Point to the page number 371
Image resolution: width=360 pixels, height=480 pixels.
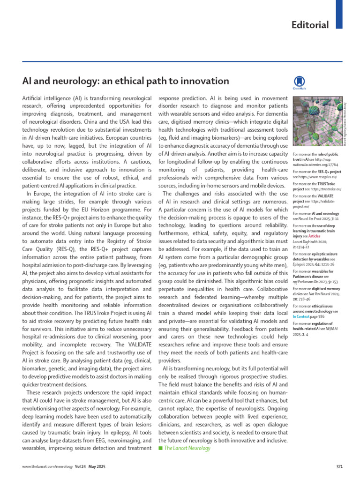point(341,466)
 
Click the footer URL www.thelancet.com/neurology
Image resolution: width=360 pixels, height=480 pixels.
point(44,466)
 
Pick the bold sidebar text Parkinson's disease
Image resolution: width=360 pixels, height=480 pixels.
point(309,276)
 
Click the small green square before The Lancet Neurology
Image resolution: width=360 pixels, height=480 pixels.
point(160,448)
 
